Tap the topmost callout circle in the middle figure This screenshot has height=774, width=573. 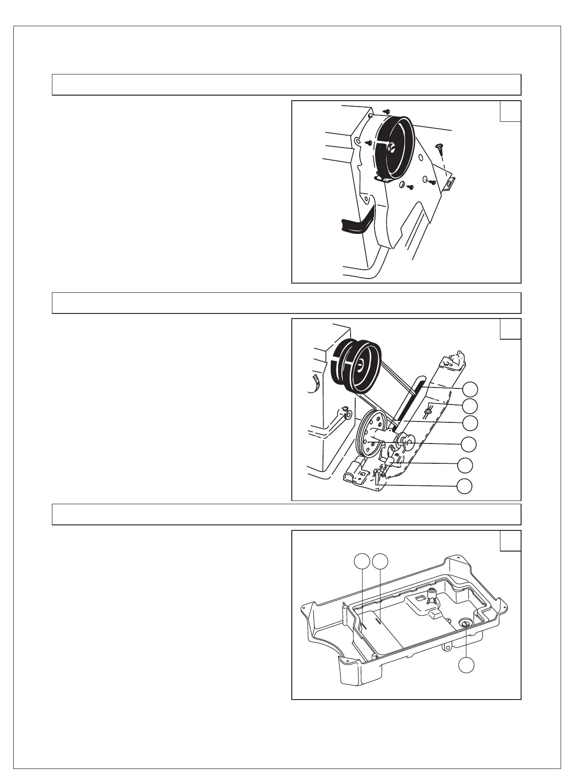click(x=470, y=389)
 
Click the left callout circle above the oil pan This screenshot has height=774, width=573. click(x=363, y=561)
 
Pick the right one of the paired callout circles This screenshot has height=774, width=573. click(x=380, y=561)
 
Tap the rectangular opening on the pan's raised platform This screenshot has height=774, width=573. click(x=420, y=598)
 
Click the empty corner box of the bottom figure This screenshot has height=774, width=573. click(x=510, y=541)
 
